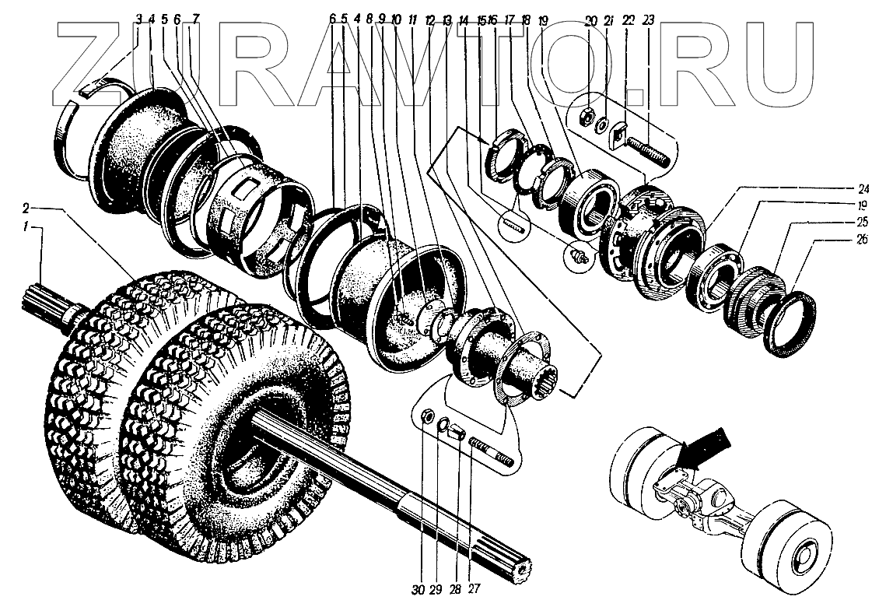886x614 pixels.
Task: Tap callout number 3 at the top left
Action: click(x=138, y=18)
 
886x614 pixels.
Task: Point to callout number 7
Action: click(x=195, y=18)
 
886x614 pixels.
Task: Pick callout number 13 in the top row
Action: click(x=446, y=18)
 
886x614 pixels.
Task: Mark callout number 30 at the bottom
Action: click(x=419, y=589)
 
